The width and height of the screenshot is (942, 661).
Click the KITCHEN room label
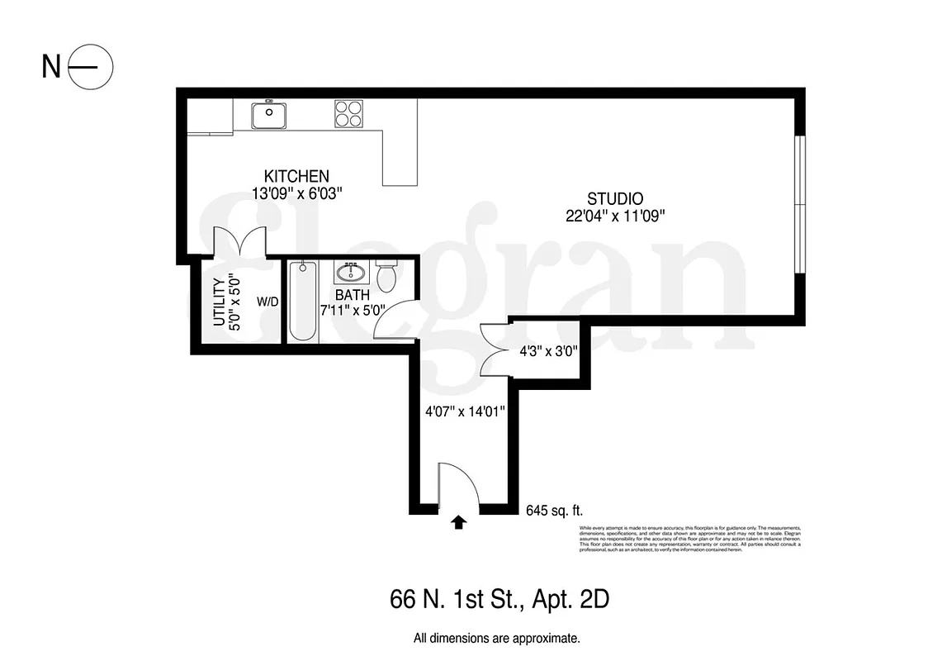point(296,176)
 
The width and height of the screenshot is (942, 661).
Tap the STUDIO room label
point(615,198)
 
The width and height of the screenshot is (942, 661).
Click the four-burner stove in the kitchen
point(348,113)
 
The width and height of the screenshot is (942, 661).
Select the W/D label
point(267,302)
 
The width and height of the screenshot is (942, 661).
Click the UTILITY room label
point(220,302)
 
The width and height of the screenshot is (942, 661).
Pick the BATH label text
point(353,294)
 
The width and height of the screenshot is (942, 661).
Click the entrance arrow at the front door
point(459,521)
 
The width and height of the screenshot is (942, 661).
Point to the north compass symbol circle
point(89,66)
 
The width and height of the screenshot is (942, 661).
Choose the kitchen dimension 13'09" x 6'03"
point(296,193)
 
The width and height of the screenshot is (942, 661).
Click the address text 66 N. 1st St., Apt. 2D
point(499,599)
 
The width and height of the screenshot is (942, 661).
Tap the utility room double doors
point(239,243)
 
